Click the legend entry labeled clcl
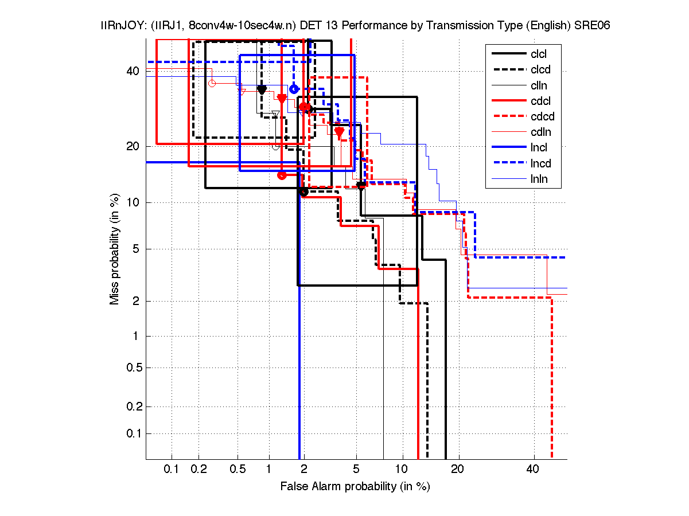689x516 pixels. click(x=539, y=54)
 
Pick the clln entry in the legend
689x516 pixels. click(x=539, y=85)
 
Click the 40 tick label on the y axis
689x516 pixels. click(x=133, y=71)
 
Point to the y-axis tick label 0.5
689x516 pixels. click(x=131, y=368)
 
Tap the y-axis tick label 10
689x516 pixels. click(x=133, y=202)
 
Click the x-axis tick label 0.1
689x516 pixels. click(x=172, y=470)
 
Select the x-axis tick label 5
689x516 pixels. click(x=356, y=470)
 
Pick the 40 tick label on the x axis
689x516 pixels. click(x=533, y=470)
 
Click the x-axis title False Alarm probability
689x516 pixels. click(x=355, y=487)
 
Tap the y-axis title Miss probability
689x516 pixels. click(x=115, y=249)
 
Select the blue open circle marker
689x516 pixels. click(x=294, y=89)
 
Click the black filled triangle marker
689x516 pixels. click(x=262, y=89)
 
